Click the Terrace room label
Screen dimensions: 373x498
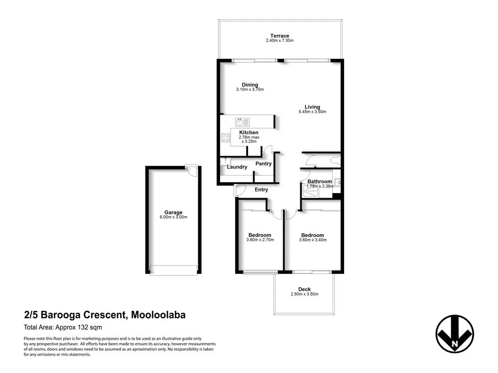coord(279,35)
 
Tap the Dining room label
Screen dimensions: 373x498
coord(249,85)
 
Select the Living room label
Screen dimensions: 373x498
coord(312,106)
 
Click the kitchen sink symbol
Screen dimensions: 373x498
coord(242,121)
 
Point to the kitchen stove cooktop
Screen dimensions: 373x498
coord(226,138)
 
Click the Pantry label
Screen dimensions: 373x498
coord(263,164)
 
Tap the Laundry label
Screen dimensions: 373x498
coord(237,167)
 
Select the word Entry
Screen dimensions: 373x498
coord(261,189)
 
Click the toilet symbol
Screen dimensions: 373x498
coord(336,160)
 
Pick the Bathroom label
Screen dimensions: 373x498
coord(319,182)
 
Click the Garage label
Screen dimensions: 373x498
coord(173,212)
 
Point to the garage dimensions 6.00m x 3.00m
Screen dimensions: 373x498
coord(173,217)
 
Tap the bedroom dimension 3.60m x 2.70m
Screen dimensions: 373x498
coord(260,240)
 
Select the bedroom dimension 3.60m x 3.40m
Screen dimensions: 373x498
coord(312,240)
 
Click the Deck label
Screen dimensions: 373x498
coord(304,289)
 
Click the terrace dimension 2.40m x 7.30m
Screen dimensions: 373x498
coord(279,40)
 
